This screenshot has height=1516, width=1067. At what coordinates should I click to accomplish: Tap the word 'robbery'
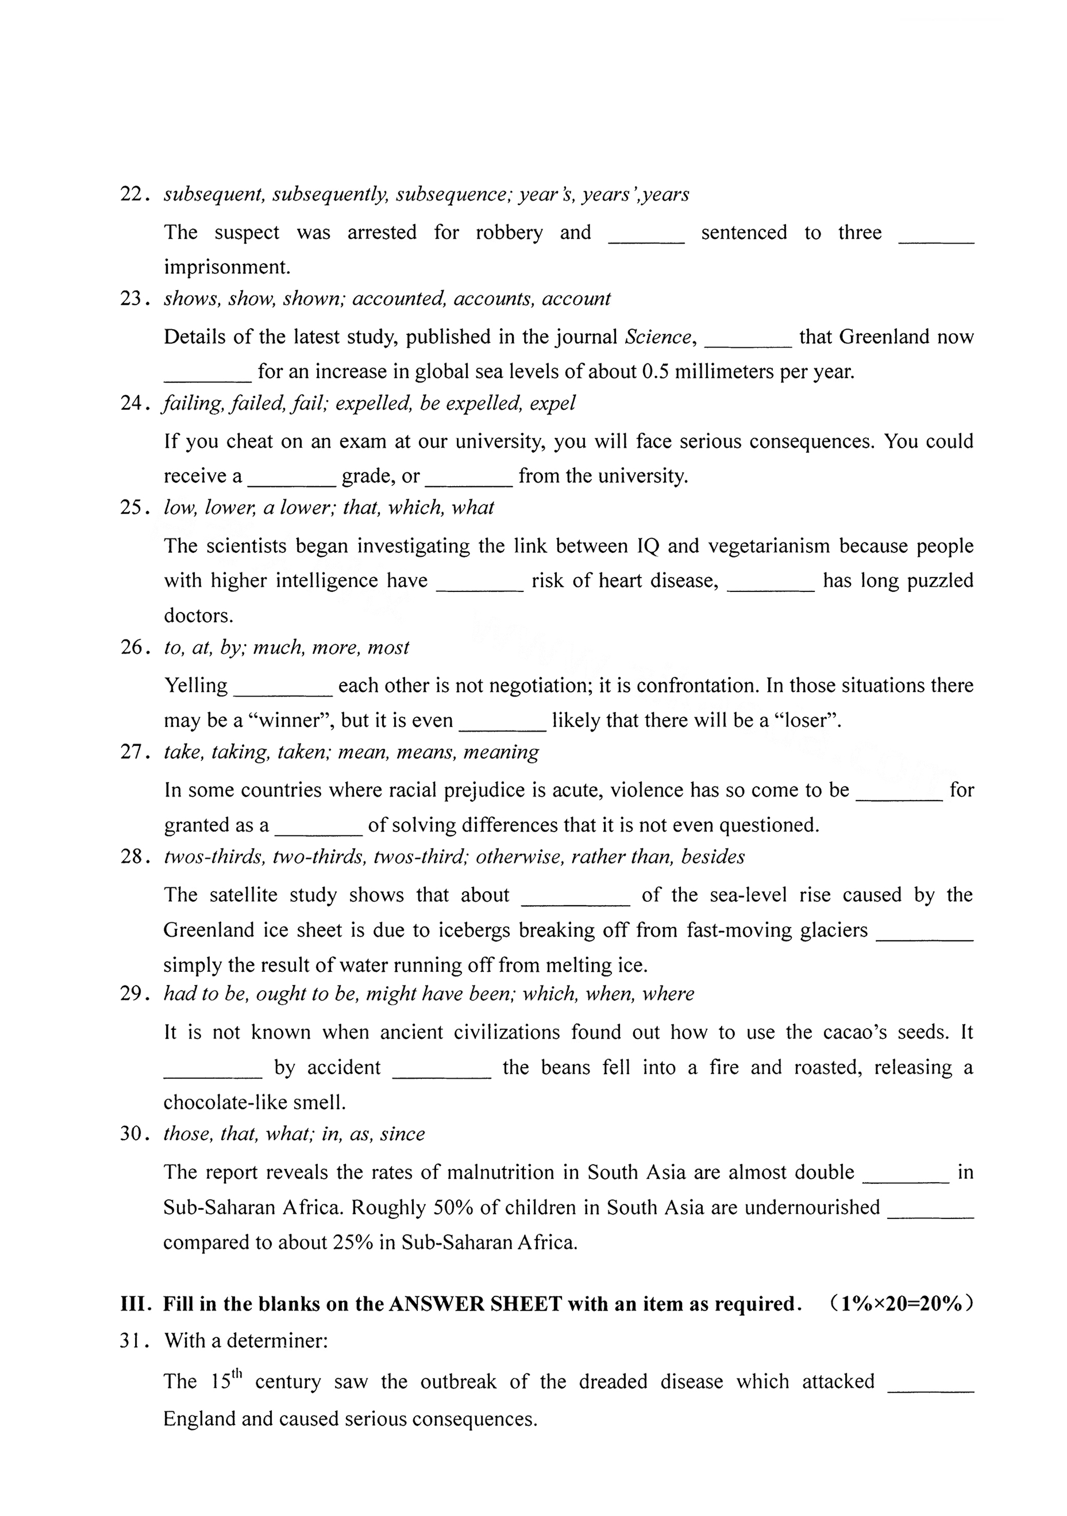pyautogui.click(x=509, y=233)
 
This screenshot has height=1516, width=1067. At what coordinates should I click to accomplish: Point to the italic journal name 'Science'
pyautogui.click(x=657, y=337)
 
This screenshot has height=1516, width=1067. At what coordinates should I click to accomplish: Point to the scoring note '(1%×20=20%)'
pyautogui.click(x=902, y=1304)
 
